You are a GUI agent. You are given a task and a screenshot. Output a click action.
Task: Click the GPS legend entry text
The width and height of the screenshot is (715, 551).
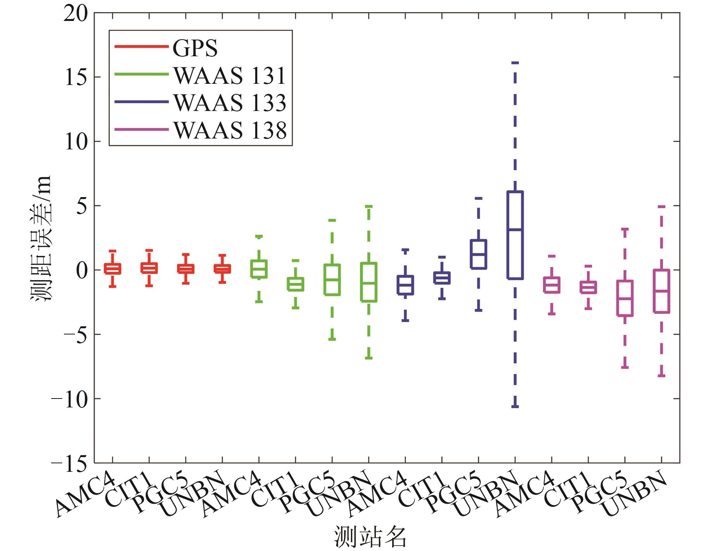tap(195, 48)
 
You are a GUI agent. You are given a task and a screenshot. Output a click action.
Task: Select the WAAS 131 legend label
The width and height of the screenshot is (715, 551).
tap(230, 75)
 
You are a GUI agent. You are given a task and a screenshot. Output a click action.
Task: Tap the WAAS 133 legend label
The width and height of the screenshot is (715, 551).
tap(230, 102)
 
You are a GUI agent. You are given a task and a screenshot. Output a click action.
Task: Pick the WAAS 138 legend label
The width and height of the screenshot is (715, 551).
tap(230, 130)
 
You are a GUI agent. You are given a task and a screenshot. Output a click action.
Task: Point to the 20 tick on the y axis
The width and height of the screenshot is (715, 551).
tap(76, 14)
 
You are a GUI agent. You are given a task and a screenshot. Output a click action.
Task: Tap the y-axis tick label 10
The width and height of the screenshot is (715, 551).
tap(76, 142)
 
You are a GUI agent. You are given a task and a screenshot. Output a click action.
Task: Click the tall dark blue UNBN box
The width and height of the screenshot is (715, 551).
tap(515, 235)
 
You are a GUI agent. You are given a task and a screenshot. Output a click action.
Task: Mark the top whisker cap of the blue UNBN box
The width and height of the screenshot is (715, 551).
tap(515, 62)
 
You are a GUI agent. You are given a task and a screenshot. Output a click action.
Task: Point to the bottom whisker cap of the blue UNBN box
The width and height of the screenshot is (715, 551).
tap(515, 406)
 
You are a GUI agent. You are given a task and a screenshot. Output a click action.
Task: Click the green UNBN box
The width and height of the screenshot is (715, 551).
tap(369, 282)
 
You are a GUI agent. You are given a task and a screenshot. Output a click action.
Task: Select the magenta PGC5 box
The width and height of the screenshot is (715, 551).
tap(625, 298)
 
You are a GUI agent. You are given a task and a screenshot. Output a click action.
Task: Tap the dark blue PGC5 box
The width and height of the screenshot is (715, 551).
tap(478, 254)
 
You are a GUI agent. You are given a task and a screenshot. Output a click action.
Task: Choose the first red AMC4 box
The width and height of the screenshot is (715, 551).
tap(113, 269)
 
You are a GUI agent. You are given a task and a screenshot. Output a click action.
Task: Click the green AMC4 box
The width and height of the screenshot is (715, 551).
tap(259, 269)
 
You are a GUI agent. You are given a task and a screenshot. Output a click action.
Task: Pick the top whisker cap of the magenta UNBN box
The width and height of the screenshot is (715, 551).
tap(661, 206)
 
